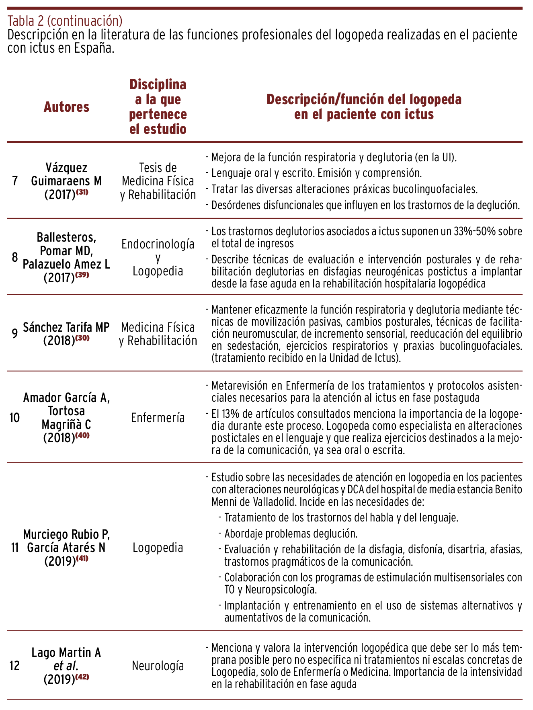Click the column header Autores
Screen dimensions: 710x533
[x=66, y=107]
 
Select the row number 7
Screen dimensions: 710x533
[x=15, y=181]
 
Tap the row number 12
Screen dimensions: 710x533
[x=14, y=666]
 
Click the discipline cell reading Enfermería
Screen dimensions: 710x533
[x=158, y=418]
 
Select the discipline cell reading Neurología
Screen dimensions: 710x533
[x=158, y=666]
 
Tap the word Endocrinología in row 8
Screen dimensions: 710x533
[x=158, y=244]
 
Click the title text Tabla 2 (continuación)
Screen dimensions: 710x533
[x=65, y=20]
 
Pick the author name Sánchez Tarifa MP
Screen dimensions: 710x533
[x=66, y=327]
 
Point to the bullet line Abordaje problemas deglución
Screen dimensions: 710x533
[x=291, y=534]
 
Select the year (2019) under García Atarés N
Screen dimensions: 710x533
[x=60, y=561]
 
